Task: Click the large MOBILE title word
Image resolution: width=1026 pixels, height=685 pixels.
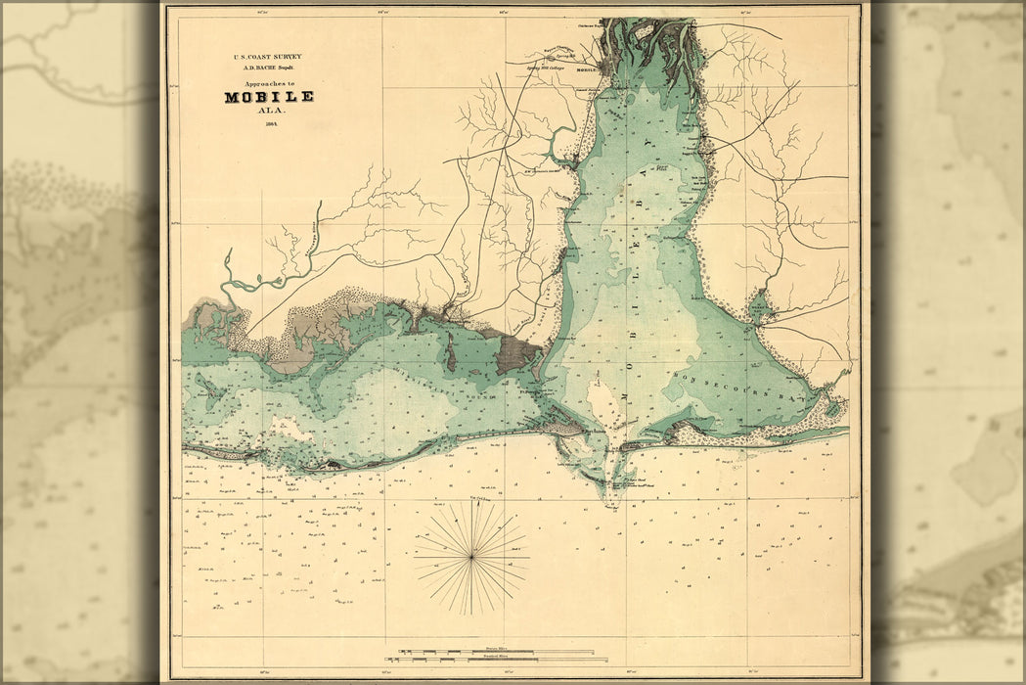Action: coord(268,97)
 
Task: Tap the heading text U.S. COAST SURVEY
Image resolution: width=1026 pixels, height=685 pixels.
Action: coord(268,57)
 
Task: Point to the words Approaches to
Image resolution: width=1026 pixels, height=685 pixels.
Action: coord(268,84)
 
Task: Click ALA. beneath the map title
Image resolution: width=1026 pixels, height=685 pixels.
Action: coord(269,111)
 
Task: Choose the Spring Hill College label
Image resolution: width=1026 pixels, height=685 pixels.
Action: coord(543,70)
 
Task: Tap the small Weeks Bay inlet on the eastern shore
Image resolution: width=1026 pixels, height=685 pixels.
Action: coord(759,308)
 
